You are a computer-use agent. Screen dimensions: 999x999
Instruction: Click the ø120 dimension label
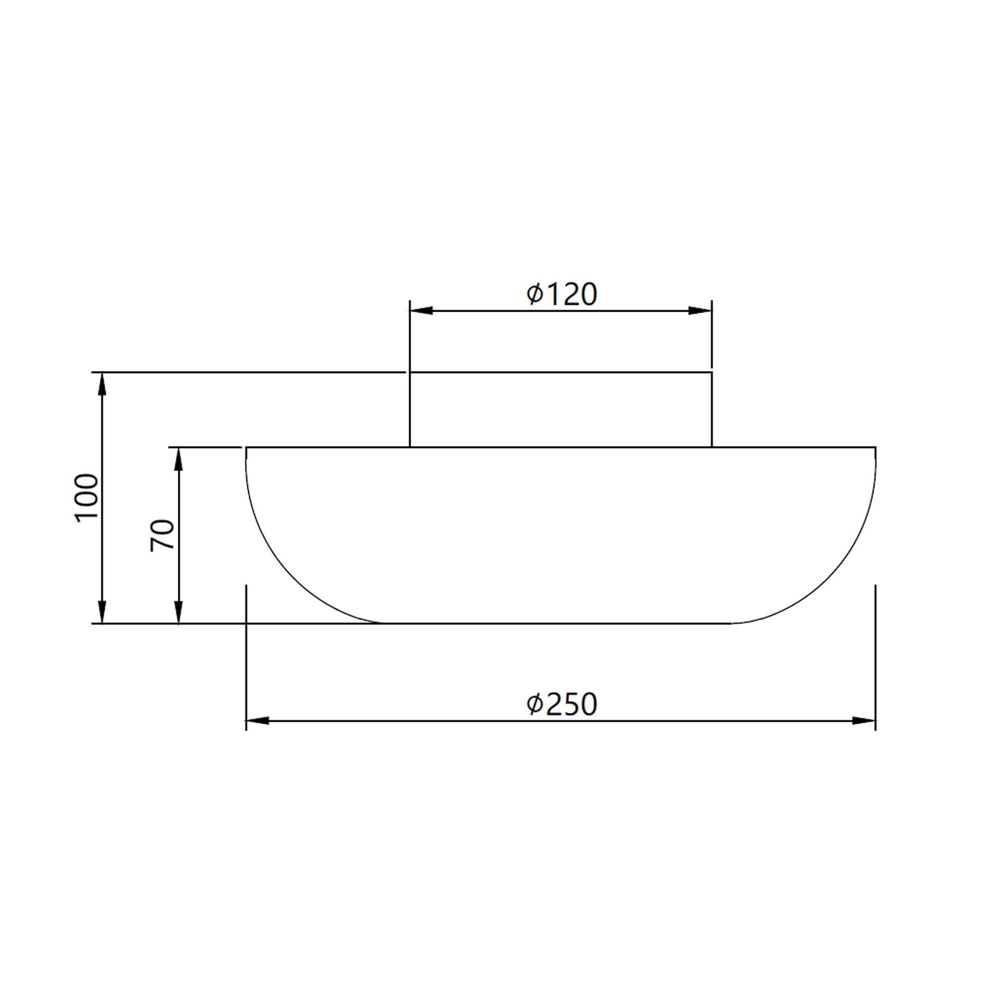click(x=561, y=294)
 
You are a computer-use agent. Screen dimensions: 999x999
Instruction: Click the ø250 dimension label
click(x=561, y=705)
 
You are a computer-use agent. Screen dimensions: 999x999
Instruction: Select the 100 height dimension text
click(x=87, y=498)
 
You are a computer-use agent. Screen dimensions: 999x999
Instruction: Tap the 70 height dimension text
click(x=162, y=535)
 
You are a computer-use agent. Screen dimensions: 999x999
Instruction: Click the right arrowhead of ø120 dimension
click(x=700, y=311)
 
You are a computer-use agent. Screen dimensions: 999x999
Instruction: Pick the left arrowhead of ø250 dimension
click(x=258, y=721)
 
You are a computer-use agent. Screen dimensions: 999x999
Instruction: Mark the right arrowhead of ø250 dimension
click(x=864, y=721)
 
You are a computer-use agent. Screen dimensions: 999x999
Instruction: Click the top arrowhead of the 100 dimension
click(x=102, y=384)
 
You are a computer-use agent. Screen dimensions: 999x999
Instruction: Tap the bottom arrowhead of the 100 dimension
click(x=102, y=611)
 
